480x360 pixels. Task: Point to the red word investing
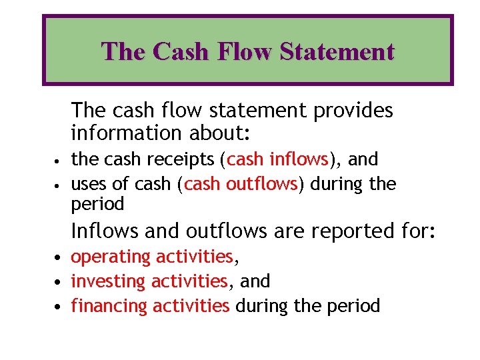point(109,281)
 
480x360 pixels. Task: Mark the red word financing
point(109,306)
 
